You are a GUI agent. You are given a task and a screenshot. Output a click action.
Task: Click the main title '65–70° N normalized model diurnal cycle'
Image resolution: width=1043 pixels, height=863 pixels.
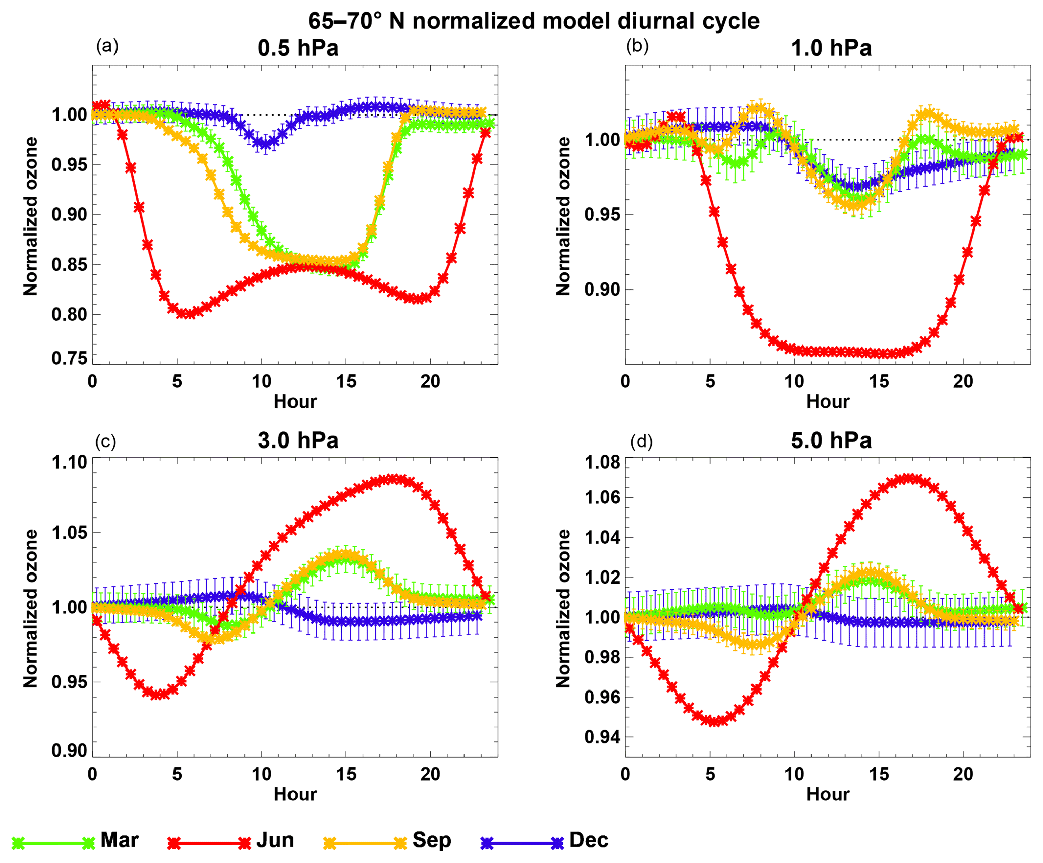(x=534, y=21)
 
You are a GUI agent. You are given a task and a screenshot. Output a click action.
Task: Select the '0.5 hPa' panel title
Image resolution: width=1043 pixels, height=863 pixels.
(x=298, y=48)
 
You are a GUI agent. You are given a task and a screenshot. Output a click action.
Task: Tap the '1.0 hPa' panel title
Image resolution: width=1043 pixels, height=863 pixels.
(x=831, y=48)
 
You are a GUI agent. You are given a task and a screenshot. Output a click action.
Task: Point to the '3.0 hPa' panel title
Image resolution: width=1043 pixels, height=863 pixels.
(x=298, y=440)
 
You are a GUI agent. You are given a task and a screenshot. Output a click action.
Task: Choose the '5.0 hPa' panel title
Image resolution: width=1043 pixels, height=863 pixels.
(x=831, y=440)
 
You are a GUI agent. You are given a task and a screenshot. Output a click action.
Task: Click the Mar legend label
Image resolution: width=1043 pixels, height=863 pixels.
(x=120, y=840)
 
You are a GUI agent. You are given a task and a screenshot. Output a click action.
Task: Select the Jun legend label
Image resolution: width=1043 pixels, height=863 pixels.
(x=275, y=840)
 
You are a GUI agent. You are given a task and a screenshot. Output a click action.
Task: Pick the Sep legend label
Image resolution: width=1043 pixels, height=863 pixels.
(x=431, y=840)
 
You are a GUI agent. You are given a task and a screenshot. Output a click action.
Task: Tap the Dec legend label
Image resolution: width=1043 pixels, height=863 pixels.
(x=589, y=840)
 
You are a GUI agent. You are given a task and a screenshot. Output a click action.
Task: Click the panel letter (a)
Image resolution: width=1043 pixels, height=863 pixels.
(x=107, y=46)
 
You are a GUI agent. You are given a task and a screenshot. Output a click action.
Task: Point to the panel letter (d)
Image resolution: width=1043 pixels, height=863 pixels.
(x=641, y=441)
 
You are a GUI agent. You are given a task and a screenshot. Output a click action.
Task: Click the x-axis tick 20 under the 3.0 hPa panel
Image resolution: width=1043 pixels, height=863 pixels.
(x=430, y=774)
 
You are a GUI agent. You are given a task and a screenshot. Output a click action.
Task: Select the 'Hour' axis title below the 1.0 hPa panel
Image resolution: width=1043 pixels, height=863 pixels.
(x=828, y=401)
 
